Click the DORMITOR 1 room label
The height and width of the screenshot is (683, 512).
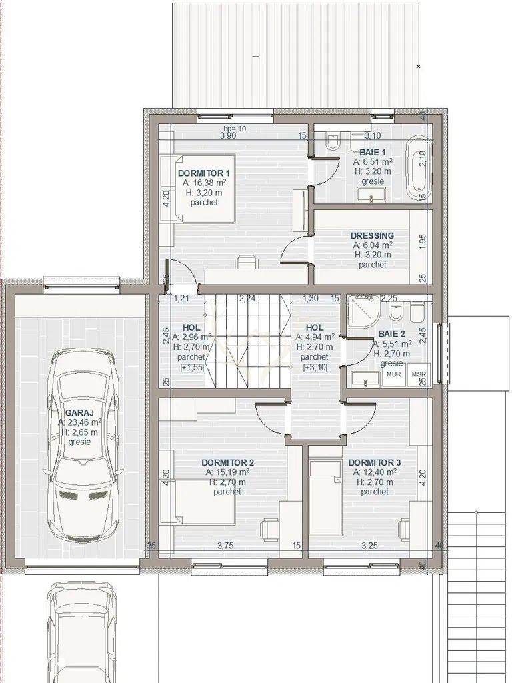point(203,173)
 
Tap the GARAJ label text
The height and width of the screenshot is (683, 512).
point(79,413)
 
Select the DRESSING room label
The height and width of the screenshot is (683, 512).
point(372,235)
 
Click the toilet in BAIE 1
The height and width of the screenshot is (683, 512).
point(332,142)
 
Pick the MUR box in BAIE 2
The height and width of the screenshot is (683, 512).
point(394,375)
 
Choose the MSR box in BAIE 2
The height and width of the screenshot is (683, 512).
point(419,375)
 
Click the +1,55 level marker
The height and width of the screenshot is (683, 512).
point(191,368)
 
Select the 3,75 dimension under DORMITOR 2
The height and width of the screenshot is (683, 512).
point(225,546)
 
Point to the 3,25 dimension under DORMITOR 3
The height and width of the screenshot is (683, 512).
point(369,546)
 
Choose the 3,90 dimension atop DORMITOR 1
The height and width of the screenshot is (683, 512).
point(228,135)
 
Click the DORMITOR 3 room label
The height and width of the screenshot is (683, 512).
point(374,462)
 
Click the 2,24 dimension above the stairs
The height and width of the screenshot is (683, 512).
point(248,298)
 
